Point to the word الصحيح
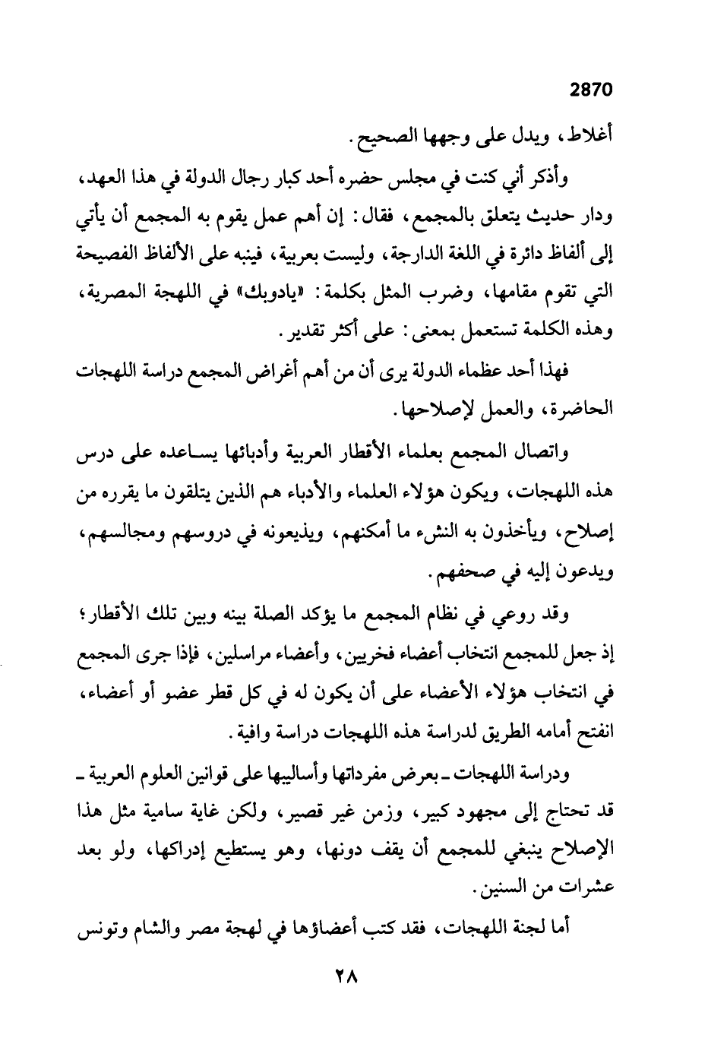click(377, 139)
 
